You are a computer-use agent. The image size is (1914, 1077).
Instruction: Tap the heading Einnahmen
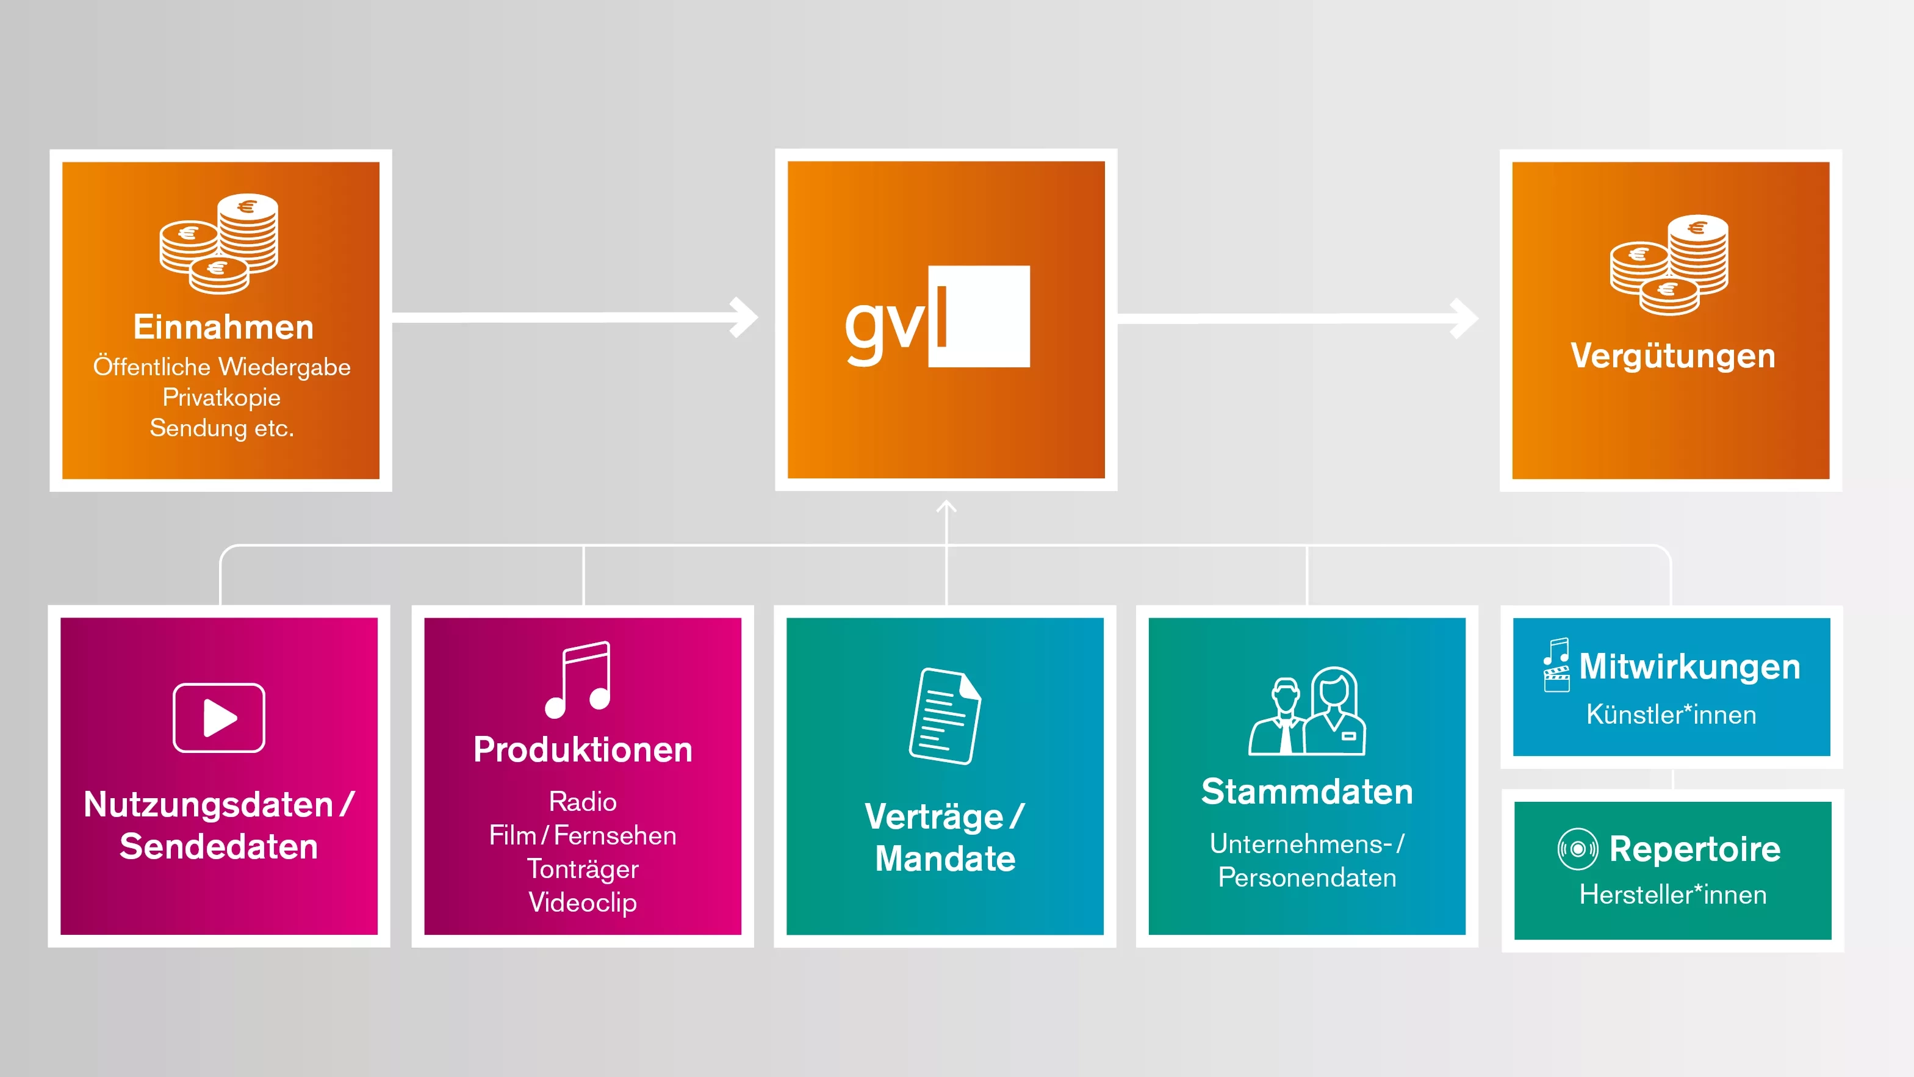coord(223,328)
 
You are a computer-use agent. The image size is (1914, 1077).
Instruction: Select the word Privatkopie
coord(221,398)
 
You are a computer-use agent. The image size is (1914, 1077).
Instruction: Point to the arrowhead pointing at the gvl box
coord(744,317)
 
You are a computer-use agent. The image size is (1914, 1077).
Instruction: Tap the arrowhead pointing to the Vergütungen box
coord(1464,318)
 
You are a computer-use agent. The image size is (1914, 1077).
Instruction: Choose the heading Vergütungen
coord(1672,356)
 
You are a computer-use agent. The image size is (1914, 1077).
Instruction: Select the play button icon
coord(218,718)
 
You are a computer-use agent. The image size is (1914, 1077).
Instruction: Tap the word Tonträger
coord(583,869)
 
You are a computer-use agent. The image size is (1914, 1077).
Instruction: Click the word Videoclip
coord(583,902)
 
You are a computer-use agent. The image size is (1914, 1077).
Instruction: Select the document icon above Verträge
coord(944,716)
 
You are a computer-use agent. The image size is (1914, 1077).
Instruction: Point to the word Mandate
coord(945,859)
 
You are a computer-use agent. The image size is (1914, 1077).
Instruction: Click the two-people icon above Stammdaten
coord(1307,711)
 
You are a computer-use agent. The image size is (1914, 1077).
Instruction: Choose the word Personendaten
coord(1307,878)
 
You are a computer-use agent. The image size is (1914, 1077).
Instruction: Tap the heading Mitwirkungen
coord(1689,667)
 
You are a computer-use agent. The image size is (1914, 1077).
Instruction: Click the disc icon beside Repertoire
coord(1577,849)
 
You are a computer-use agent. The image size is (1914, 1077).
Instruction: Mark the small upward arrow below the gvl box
coord(946,507)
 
